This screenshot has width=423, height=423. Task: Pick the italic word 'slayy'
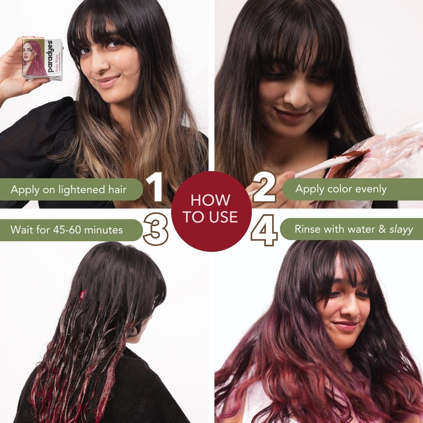tap(401, 230)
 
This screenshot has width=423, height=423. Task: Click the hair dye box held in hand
tap(42, 58)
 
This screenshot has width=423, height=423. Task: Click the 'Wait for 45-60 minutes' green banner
tap(70, 230)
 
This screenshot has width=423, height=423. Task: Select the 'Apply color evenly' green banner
tap(352, 190)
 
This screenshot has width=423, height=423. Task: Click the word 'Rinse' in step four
tap(308, 230)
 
